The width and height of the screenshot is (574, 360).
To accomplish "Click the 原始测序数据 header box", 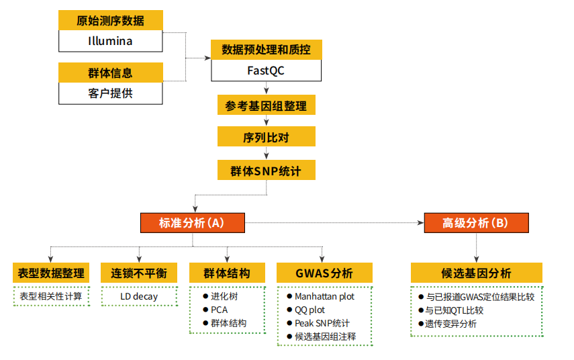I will (110, 21).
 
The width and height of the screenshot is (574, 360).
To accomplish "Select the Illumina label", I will (110, 41).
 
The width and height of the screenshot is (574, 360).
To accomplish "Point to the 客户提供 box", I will (110, 93).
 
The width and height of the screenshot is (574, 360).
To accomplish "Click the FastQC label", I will (266, 70).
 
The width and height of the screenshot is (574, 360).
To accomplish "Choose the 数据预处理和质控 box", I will (266, 50).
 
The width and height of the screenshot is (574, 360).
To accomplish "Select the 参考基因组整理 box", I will (266, 106).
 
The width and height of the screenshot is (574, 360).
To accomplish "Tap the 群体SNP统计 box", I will (266, 171).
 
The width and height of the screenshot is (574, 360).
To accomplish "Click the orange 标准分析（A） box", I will (191, 223).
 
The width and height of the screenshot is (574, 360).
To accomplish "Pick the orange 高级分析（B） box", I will (476, 223).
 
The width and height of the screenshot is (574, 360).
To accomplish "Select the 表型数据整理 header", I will (50, 273).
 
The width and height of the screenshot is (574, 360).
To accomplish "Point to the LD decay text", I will (139, 296).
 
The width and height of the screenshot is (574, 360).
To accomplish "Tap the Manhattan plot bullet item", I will (324, 296).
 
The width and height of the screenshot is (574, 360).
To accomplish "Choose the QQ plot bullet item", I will (309, 310).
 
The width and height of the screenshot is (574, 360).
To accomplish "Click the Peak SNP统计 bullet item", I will (322, 323).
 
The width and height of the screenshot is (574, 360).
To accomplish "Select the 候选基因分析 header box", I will (476, 273).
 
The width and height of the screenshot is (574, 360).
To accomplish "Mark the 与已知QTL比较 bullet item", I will (454, 310).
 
